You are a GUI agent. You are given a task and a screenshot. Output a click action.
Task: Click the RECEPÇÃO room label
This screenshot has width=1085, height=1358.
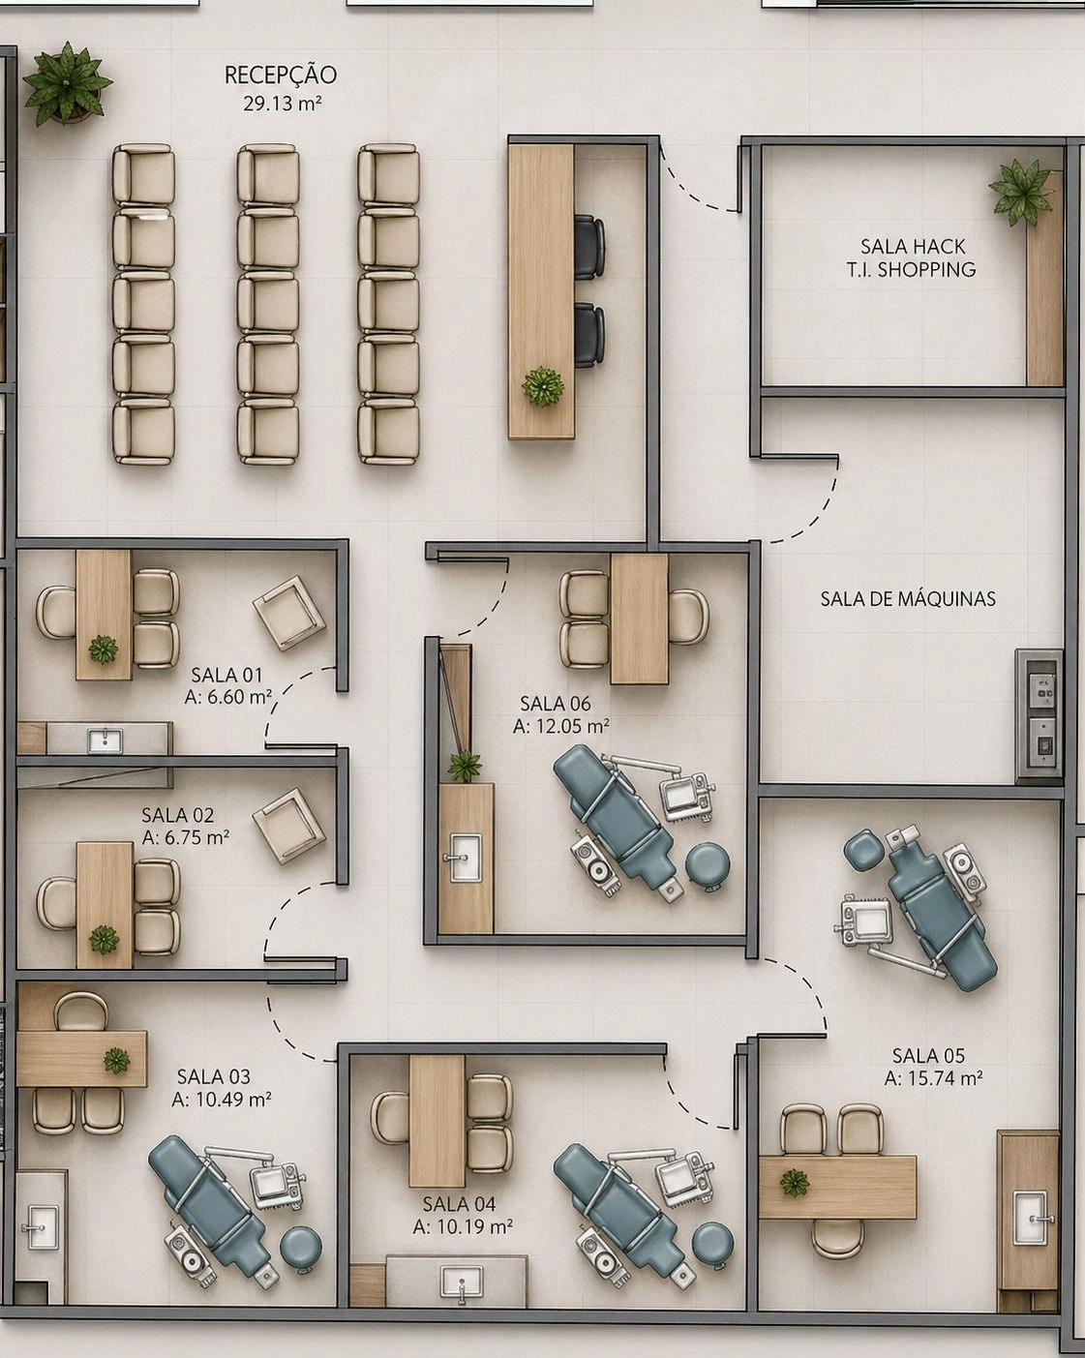(281, 75)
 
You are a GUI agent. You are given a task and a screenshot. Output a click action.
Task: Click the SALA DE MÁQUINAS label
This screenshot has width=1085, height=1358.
(908, 599)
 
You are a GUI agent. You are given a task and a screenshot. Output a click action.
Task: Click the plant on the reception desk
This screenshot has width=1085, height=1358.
(543, 387)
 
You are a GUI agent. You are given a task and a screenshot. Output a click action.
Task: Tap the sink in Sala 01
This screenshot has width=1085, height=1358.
(105, 741)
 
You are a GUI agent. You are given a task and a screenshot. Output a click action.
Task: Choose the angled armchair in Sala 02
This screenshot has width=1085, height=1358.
(288, 826)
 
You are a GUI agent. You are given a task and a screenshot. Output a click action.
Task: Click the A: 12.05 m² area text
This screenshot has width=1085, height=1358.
(561, 726)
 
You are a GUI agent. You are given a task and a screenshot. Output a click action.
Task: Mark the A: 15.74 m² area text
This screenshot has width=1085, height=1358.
(934, 1078)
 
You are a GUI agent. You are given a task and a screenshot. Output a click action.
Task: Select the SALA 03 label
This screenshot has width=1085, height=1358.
(214, 1077)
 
